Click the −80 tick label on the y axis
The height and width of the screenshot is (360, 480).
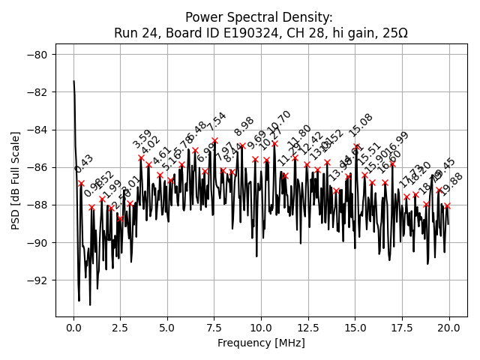[x=40, y=55]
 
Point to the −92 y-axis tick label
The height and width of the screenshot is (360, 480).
[x=40, y=280]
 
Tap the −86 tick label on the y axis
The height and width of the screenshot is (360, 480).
[x=40, y=167]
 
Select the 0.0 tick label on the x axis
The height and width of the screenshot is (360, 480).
[x=73, y=328]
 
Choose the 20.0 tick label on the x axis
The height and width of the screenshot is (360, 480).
[x=449, y=328]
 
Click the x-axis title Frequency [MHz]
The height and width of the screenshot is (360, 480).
[x=261, y=343]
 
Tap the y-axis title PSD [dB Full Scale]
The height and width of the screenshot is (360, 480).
[x=16, y=180]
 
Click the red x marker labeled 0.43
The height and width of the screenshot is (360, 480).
[x=82, y=183]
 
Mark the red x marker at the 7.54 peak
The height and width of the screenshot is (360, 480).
[x=215, y=140]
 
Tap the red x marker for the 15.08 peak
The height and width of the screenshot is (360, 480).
[x=357, y=146]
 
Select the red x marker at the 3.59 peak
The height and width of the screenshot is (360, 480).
[x=141, y=157]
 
